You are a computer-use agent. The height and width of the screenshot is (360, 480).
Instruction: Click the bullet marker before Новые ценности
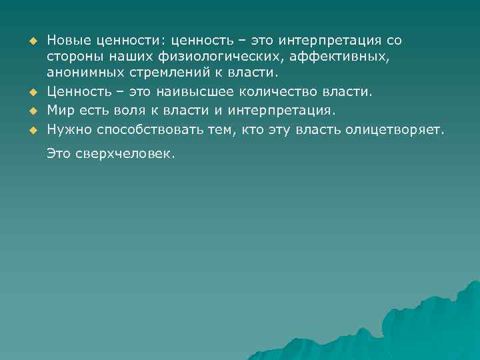(x=31, y=41)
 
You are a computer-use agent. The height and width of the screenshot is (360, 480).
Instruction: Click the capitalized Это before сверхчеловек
(x=59, y=155)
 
